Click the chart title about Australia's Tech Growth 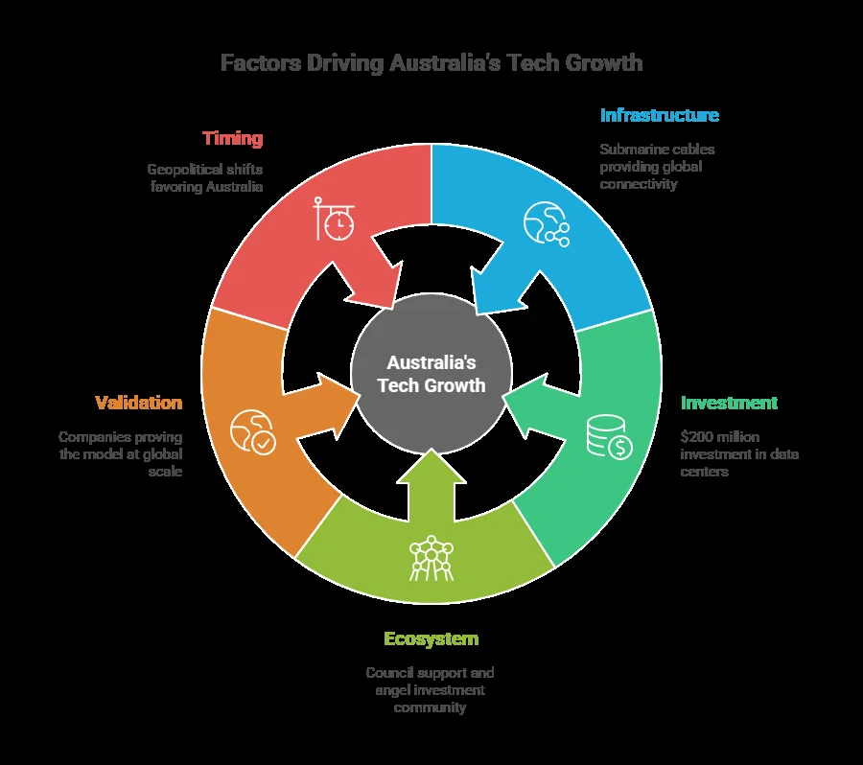pos(431,62)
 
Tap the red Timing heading pos(232,138)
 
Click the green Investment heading pos(729,403)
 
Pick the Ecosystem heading pos(431,639)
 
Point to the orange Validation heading pos(139,403)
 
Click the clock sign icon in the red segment pos(334,219)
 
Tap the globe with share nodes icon pos(546,224)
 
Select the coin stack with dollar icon pos(609,437)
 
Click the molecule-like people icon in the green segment pos(431,558)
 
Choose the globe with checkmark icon pos(253,432)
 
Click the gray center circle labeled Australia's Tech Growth pos(431,374)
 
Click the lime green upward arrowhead pos(431,467)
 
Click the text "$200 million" pos(720,437)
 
